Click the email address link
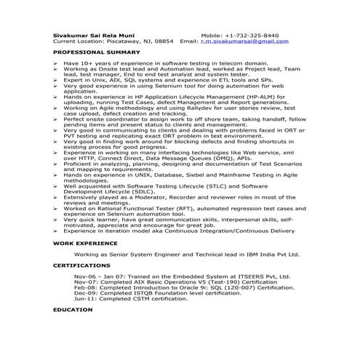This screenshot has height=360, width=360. coord(240,42)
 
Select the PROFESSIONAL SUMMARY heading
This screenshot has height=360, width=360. coord(97,53)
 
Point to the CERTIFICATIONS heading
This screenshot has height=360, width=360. coord(81,266)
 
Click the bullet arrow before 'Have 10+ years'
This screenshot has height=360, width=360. coord(56,64)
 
